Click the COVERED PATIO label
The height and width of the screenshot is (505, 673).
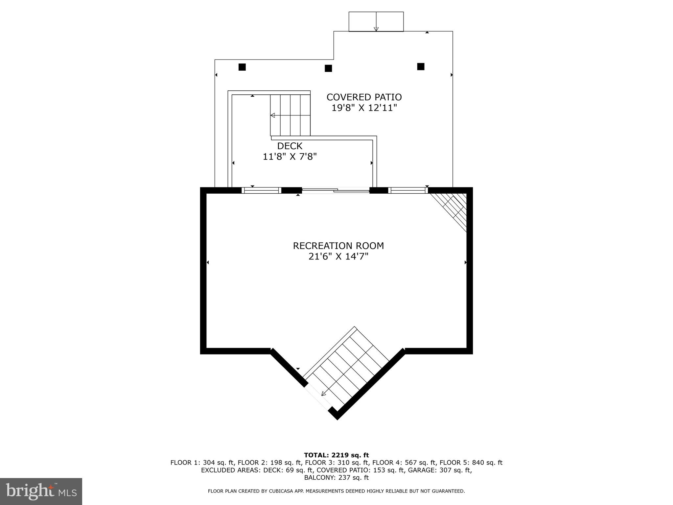pos(364,97)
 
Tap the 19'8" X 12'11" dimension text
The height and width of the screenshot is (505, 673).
pos(364,108)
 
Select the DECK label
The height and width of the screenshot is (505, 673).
pos(290,146)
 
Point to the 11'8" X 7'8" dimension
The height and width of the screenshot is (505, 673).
pos(290,156)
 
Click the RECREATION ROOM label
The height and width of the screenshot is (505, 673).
pos(338,246)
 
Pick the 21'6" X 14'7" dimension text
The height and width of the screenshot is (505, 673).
pos(338,256)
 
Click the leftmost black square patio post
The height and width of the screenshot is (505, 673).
pos(242,67)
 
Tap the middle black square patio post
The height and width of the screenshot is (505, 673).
pos(328,68)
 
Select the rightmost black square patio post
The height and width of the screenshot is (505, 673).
pos(421,67)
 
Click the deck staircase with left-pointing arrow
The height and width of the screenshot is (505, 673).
pos(290,115)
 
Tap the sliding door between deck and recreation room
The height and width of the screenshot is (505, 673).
pos(336,190)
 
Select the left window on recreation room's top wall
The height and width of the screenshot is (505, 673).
pos(262,190)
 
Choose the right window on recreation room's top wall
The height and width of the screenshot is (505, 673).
pos(408,190)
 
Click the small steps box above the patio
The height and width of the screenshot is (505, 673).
pos(376,22)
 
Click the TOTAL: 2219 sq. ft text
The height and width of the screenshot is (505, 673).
pos(336,455)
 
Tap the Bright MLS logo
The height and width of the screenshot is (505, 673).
pos(41,491)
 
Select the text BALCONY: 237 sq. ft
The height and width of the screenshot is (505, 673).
pos(336,477)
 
